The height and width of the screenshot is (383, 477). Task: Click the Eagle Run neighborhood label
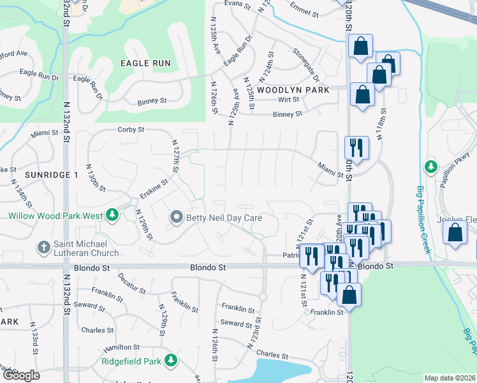pyautogui.click(x=145, y=63)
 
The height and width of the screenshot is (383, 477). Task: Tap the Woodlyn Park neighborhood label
pyautogui.click(x=294, y=90)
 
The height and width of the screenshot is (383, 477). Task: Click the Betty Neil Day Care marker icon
pyautogui.click(x=177, y=218)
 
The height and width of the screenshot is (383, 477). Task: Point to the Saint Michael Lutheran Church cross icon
pyautogui.click(x=43, y=246)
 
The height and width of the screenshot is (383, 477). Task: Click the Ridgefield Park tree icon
pyautogui.click(x=170, y=361)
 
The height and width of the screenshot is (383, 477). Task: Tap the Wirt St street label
pyautogui.click(x=288, y=100)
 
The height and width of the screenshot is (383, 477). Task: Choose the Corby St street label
pyautogui.click(x=131, y=130)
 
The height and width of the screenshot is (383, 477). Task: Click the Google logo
pyautogui.click(x=21, y=375)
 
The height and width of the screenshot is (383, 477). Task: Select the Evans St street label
pyautogui.click(x=235, y=4)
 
